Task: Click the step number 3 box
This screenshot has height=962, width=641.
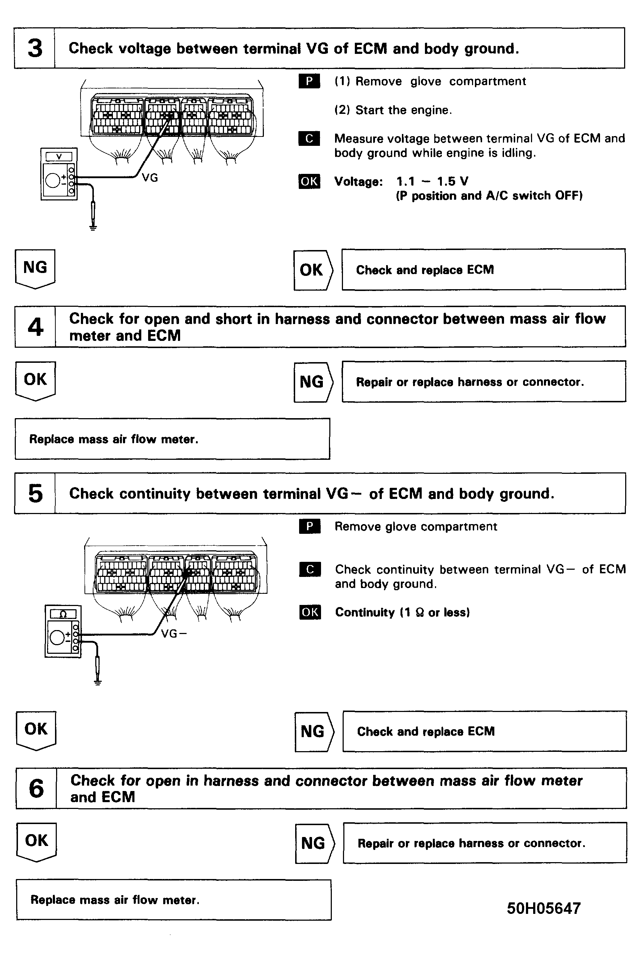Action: (35, 48)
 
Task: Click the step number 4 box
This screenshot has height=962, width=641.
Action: (35, 327)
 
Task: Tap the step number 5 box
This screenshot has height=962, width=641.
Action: (35, 494)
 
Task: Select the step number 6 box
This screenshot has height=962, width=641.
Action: (36, 788)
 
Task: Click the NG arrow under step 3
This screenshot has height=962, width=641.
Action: (35, 268)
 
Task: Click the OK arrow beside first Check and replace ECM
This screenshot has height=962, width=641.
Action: (313, 270)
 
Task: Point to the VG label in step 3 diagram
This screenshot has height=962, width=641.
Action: (150, 178)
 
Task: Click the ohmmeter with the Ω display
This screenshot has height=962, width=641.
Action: (63, 632)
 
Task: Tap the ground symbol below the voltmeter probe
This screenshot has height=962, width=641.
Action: (93, 227)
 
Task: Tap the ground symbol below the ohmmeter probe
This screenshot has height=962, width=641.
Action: (97, 681)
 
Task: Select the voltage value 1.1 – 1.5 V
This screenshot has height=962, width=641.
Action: (432, 181)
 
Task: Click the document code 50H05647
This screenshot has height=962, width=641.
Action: (543, 908)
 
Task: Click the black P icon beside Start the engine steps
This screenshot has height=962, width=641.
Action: (310, 81)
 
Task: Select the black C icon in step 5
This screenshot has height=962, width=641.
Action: (310, 569)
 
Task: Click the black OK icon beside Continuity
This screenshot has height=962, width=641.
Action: (310, 612)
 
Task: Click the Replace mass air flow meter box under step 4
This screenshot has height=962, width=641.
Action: (172, 439)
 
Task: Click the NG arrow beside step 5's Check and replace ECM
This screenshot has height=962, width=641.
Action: (313, 731)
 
